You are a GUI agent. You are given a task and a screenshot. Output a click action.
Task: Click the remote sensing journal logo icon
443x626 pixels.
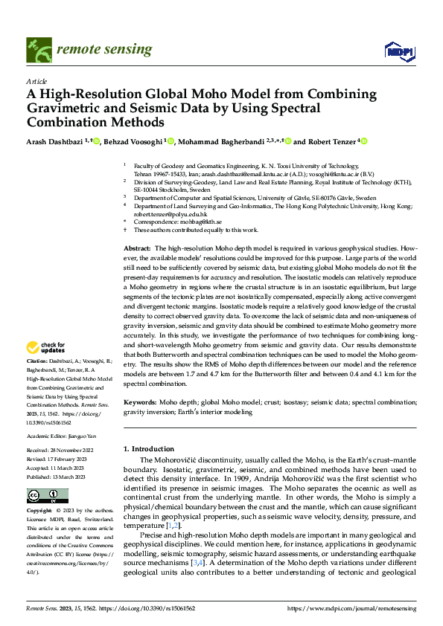click(37, 49)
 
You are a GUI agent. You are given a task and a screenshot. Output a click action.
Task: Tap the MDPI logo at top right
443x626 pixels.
click(398, 50)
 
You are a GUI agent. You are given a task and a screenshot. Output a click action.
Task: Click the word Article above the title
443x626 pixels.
click(36, 81)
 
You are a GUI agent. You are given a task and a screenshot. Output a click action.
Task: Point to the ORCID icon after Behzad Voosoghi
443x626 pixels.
click(171, 141)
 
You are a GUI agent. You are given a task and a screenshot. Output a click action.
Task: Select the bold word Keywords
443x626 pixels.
click(140, 402)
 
